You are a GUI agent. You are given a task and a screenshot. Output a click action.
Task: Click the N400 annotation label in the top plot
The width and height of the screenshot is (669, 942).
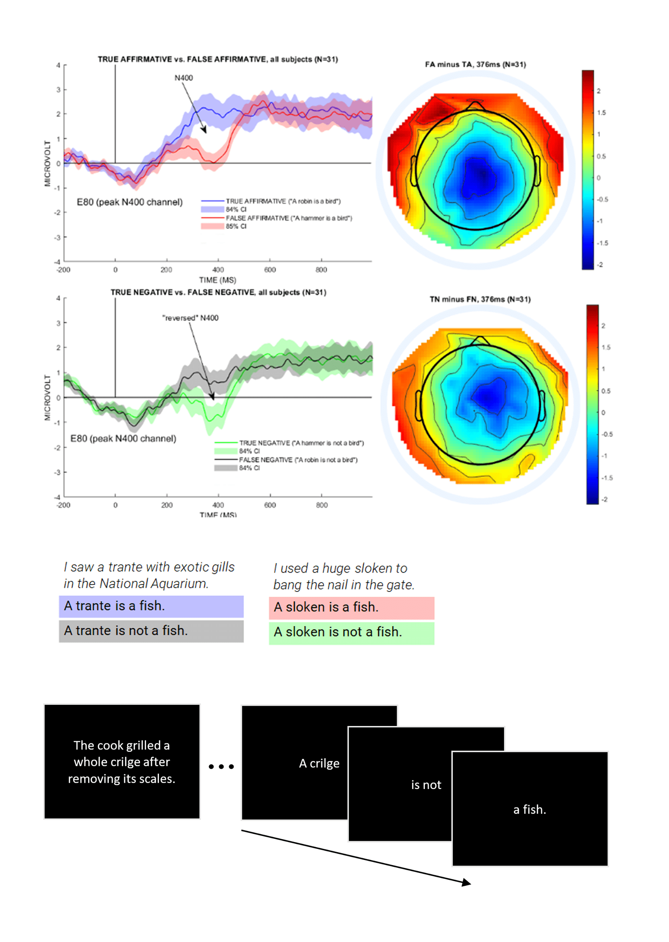coord(183,78)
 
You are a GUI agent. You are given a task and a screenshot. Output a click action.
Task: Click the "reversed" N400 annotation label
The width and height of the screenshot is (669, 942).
coord(190,318)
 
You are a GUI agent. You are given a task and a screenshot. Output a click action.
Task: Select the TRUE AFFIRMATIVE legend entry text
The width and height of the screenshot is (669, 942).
coord(283,201)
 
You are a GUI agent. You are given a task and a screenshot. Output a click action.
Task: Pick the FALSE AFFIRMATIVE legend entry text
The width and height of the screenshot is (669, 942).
coord(288,218)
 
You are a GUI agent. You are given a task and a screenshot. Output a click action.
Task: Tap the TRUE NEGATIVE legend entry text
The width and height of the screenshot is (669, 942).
coord(301,443)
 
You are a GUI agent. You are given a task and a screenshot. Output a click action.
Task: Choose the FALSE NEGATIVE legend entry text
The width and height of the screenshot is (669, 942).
coord(298,460)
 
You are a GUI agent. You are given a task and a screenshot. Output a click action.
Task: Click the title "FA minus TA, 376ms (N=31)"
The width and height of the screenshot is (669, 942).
coord(475,64)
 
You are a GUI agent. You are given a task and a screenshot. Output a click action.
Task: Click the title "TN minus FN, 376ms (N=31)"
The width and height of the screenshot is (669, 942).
coord(480,299)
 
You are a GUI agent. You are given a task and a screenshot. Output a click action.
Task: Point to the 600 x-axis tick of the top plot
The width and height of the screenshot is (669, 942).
coord(270,270)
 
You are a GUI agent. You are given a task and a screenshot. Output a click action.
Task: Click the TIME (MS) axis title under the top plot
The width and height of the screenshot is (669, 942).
coord(217,280)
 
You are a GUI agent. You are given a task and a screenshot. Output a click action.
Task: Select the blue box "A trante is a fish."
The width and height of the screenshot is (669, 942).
coord(151,606)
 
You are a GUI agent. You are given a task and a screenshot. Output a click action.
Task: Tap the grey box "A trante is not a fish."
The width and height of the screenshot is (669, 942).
coord(151,631)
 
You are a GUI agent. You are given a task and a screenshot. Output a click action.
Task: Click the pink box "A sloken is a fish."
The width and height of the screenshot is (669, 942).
coord(351,608)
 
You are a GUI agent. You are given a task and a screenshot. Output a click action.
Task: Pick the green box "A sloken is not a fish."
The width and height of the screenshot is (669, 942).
coord(351,632)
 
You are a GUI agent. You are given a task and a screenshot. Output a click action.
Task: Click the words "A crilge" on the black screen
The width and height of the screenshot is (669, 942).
coord(319,764)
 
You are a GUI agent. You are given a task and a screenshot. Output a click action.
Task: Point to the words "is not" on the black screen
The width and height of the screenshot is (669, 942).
coord(426,785)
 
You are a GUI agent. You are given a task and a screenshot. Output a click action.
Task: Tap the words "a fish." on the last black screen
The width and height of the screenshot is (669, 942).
coord(529,810)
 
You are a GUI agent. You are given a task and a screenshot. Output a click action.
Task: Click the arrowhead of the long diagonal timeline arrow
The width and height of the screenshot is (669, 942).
coord(466,883)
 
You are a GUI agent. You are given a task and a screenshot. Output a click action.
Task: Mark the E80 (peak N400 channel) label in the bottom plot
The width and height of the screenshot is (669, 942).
coord(123,439)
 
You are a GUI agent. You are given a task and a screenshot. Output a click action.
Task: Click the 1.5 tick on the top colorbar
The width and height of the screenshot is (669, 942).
coord(601,113)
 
